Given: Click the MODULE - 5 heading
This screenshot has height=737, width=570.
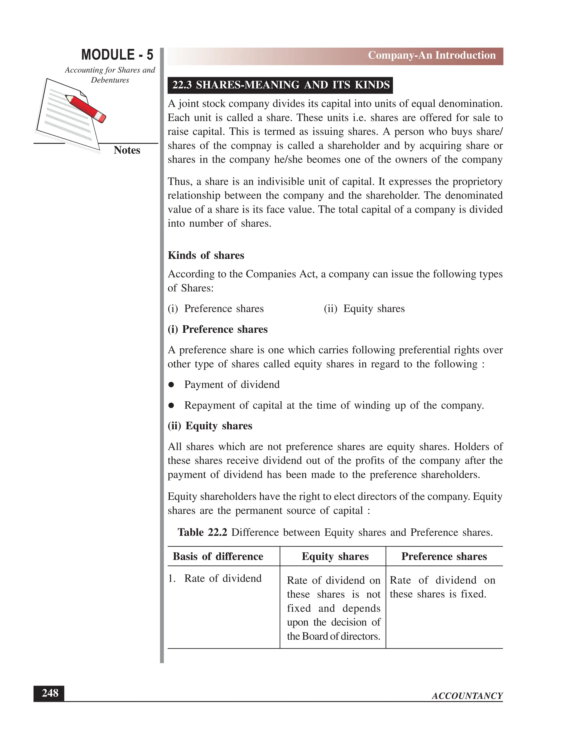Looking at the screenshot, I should pos(117,55).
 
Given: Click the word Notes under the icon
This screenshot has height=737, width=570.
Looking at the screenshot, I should pos(127,150).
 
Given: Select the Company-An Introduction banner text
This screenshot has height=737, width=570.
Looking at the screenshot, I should pos(432,55).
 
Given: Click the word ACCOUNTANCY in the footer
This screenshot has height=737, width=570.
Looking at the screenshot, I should pos(467,696).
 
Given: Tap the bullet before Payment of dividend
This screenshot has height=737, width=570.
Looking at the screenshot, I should pos(171,385).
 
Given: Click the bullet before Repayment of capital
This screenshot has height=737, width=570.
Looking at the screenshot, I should pos(171,405).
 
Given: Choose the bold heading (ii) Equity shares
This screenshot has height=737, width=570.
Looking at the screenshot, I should pos(210,426).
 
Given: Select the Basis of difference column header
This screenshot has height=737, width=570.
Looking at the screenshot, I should pos(218,556).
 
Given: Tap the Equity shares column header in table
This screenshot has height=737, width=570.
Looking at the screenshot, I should pos(335,556).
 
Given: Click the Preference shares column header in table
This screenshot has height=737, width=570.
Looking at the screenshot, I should pos(444,556).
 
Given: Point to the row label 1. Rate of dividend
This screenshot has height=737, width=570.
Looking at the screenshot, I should pos(215,578).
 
